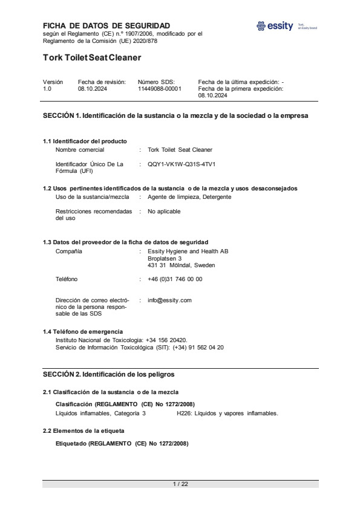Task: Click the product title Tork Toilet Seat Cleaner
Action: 92,58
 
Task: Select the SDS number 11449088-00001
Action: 159,88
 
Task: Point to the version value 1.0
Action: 48,88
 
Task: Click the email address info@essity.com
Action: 169,300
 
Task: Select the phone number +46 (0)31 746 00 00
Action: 175,279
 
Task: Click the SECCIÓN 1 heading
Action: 175,115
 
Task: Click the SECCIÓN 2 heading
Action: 109,375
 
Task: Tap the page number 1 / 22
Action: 180,484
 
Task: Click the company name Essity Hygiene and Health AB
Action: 188,251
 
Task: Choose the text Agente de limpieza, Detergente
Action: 189,197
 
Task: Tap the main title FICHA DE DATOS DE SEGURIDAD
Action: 106,25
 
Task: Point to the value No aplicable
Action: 164,212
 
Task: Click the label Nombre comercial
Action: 80,149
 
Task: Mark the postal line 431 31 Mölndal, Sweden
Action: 180,265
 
